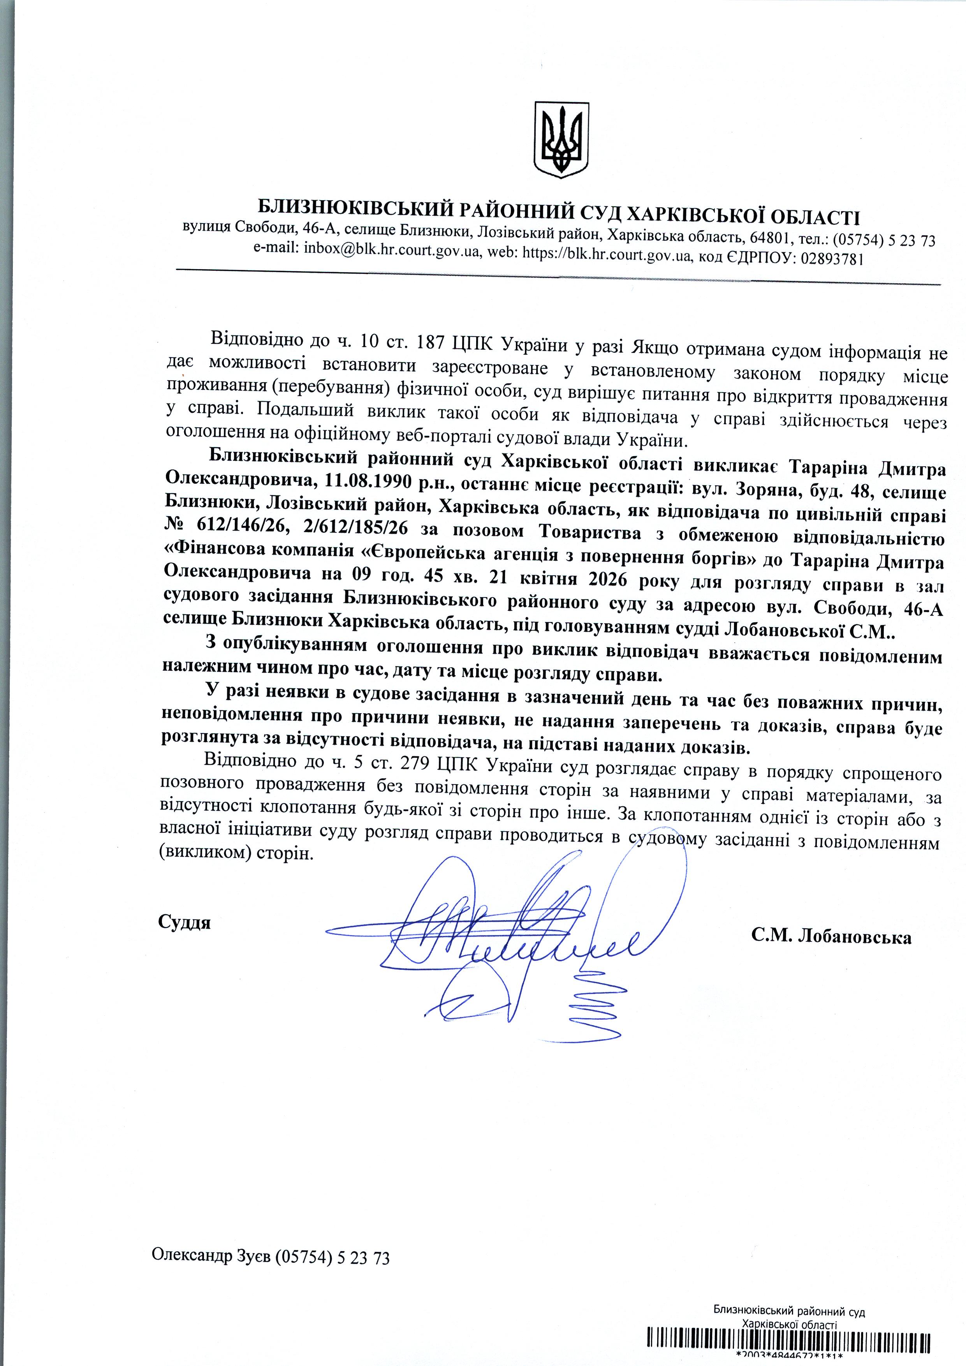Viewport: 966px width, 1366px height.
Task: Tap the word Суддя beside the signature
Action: point(185,923)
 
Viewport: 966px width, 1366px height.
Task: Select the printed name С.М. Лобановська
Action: point(831,937)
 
